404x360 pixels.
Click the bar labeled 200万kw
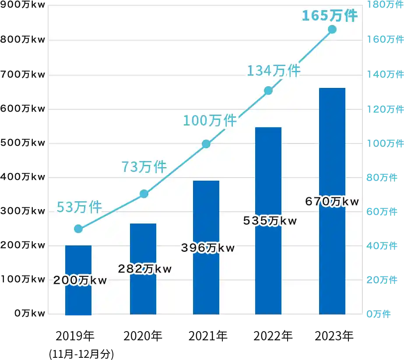tap(78, 297)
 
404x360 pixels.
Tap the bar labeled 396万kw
tap(206, 280)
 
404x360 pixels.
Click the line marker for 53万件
tap(78, 229)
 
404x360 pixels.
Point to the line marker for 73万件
tap(144, 194)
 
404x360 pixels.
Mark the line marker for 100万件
tap(206, 144)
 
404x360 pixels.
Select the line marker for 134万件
tap(268, 91)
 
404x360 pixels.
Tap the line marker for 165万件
tap(332, 29)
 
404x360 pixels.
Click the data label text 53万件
tap(79, 207)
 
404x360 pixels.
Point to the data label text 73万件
tap(144, 167)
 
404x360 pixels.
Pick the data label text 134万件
tap(273, 70)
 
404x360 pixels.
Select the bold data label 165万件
tap(330, 16)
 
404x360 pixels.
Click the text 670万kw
tap(332, 202)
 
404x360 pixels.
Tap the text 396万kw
tap(208, 248)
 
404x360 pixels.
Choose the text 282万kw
tap(145, 269)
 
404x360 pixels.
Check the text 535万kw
tap(270, 221)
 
